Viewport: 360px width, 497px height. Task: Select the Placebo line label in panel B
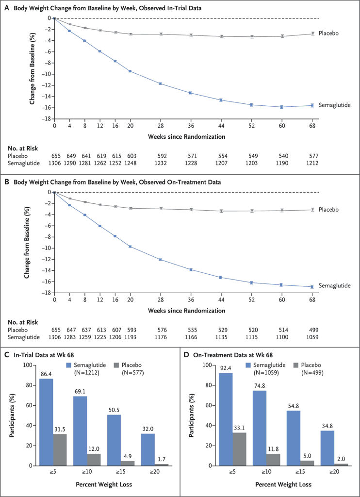(329, 209)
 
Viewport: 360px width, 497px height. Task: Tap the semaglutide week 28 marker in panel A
(160, 83)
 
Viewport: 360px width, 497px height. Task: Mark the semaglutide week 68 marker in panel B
(312, 286)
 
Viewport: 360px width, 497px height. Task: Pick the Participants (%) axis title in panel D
(191, 415)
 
